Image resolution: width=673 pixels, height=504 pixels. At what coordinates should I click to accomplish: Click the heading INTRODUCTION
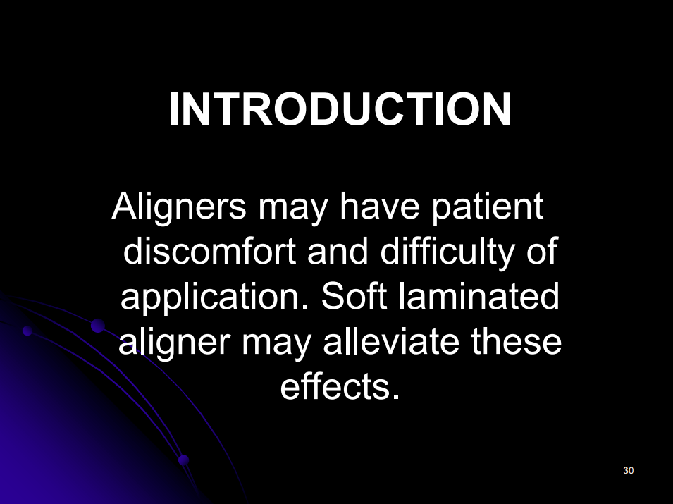(x=340, y=109)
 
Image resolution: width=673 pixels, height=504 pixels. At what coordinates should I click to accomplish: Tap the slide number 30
(x=629, y=470)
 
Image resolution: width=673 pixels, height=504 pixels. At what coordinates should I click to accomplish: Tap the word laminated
(x=479, y=296)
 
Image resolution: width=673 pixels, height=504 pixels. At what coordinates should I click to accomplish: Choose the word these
(x=517, y=342)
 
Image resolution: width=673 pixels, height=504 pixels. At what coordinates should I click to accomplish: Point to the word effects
(x=340, y=386)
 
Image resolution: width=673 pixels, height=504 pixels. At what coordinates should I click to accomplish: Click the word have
(x=379, y=206)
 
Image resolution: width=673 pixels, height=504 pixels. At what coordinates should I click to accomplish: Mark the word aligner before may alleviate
(x=174, y=343)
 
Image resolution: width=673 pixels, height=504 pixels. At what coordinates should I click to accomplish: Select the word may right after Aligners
(x=292, y=210)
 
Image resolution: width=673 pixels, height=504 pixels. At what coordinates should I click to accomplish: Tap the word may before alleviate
(x=276, y=345)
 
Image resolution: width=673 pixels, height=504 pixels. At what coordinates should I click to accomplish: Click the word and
(x=338, y=251)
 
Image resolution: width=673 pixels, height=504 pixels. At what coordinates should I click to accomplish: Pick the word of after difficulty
(x=542, y=251)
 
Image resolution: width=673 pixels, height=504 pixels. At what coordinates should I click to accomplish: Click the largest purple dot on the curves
(x=98, y=326)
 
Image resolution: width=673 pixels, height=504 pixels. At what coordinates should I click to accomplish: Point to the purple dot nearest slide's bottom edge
(x=184, y=460)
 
